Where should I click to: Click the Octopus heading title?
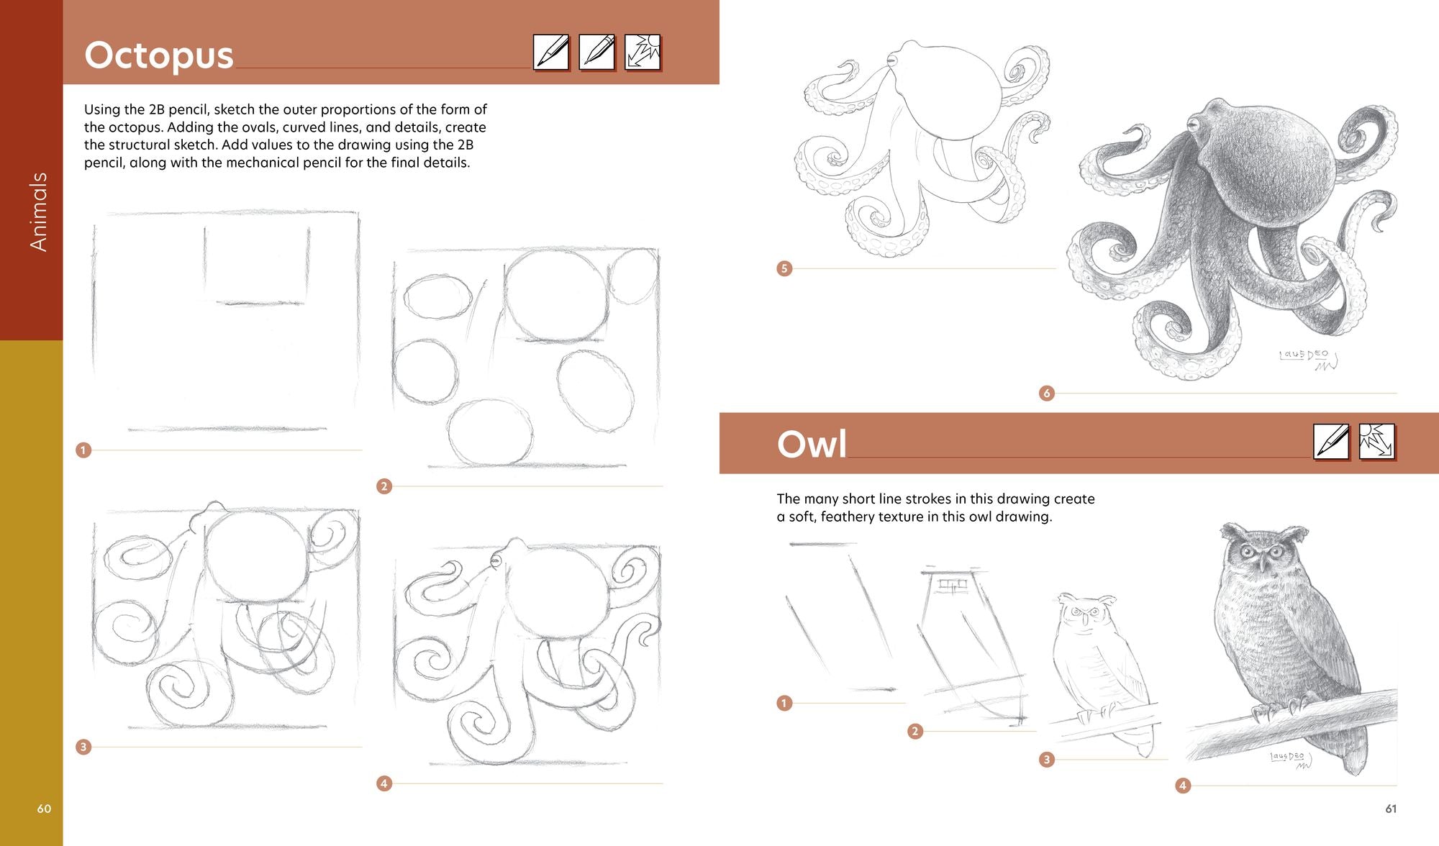(x=159, y=55)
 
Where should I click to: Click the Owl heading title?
(x=812, y=444)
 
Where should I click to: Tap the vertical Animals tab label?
(x=38, y=211)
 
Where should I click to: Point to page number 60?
(x=44, y=809)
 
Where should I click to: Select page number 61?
(x=1391, y=809)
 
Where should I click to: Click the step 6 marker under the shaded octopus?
(x=1047, y=393)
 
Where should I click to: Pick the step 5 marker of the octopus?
(x=784, y=268)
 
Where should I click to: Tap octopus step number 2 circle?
(x=384, y=486)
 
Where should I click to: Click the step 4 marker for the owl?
(x=1183, y=786)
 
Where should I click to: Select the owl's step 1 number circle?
(x=784, y=703)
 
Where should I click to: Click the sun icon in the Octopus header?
(x=643, y=53)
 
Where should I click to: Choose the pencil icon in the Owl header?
(x=1331, y=441)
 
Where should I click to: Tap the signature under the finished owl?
(x=1290, y=760)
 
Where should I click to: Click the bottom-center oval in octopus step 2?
(x=490, y=432)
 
